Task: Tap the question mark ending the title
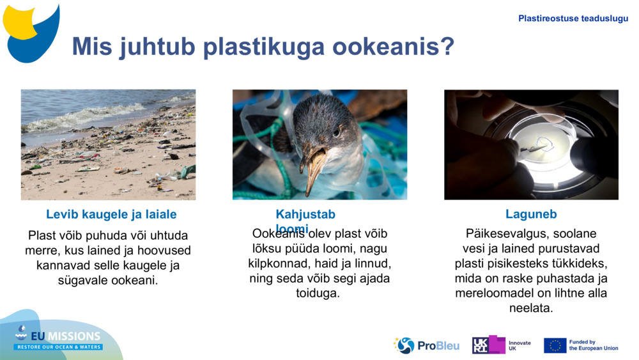point(446,47)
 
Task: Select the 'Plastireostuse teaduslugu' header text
point(573,19)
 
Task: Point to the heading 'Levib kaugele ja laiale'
point(111,214)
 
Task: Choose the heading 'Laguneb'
point(531,214)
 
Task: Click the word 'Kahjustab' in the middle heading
point(305,214)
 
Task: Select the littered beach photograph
point(108,145)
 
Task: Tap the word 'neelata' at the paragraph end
point(530,308)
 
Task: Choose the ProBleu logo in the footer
point(426,345)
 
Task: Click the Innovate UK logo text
point(519,345)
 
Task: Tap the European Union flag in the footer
point(555,345)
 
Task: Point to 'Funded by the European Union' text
point(593,345)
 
